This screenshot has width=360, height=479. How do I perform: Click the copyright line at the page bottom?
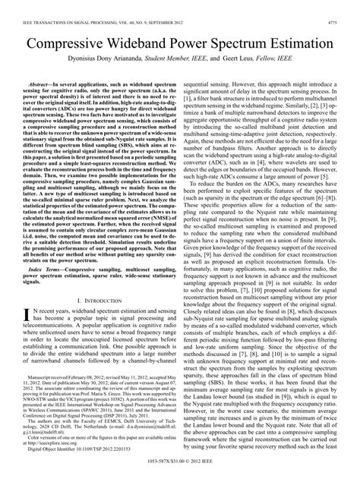point(179,471)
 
